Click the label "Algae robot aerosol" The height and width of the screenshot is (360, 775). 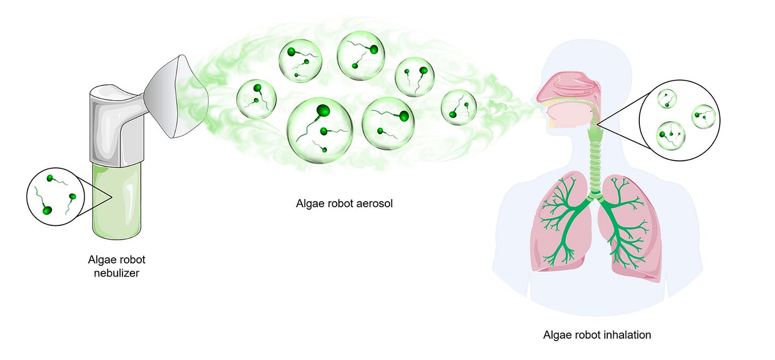[x=344, y=203]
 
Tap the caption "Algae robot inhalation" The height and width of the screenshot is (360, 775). [x=597, y=335]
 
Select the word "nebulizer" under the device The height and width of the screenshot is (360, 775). [x=117, y=274]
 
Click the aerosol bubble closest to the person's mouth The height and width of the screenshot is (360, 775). [x=459, y=107]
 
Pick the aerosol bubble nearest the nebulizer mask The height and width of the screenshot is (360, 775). [x=256, y=99]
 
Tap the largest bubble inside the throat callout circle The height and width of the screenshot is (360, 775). [x=671, y=134]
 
